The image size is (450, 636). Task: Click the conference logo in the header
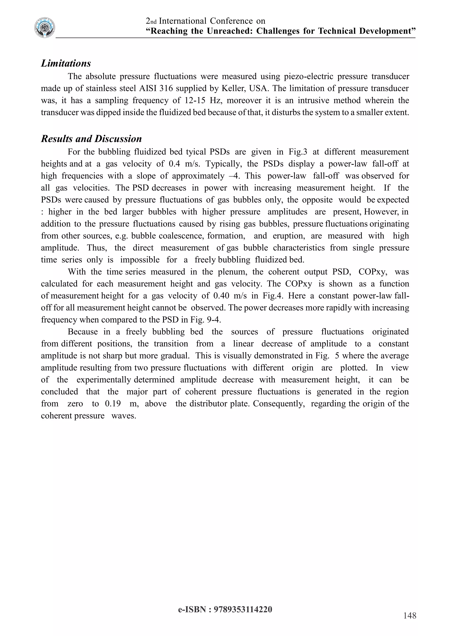pos(45,28)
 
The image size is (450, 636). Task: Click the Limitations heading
pos(66,63)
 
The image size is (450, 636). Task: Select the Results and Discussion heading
pos(91,139)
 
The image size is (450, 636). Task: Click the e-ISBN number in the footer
pos(243,609)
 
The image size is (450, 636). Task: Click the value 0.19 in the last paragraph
pos(113,404)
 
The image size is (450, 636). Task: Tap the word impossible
pos(140,260)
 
